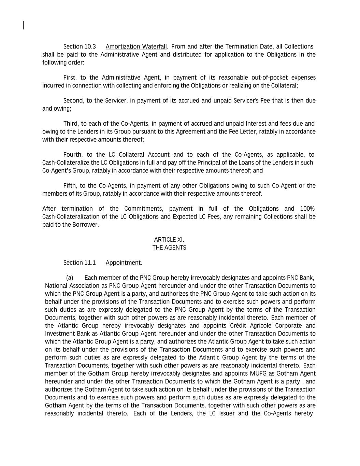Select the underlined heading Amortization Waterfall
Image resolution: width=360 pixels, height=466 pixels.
tap(136, 46)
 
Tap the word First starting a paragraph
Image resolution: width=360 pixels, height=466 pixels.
tap(70, 77)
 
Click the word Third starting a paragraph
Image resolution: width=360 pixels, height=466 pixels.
tap(71, 123)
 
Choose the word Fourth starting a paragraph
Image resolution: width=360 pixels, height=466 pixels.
tap(72, 155)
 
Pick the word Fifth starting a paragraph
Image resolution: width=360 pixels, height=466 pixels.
tap(70, 186)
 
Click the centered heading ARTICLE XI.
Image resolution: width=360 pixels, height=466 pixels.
tap(169, 240)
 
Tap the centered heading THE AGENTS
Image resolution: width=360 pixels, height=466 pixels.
tap(169, 248)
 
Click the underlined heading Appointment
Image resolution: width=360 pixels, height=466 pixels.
tap(123, 263)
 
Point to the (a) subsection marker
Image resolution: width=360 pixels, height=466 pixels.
tap(70, 278)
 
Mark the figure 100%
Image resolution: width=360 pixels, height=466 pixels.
tap(307, 209)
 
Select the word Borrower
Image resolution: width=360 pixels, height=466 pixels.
tap(85, 225)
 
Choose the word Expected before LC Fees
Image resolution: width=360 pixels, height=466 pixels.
tap(185, 217)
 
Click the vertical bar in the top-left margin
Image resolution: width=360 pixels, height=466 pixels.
tap(23, 25)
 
